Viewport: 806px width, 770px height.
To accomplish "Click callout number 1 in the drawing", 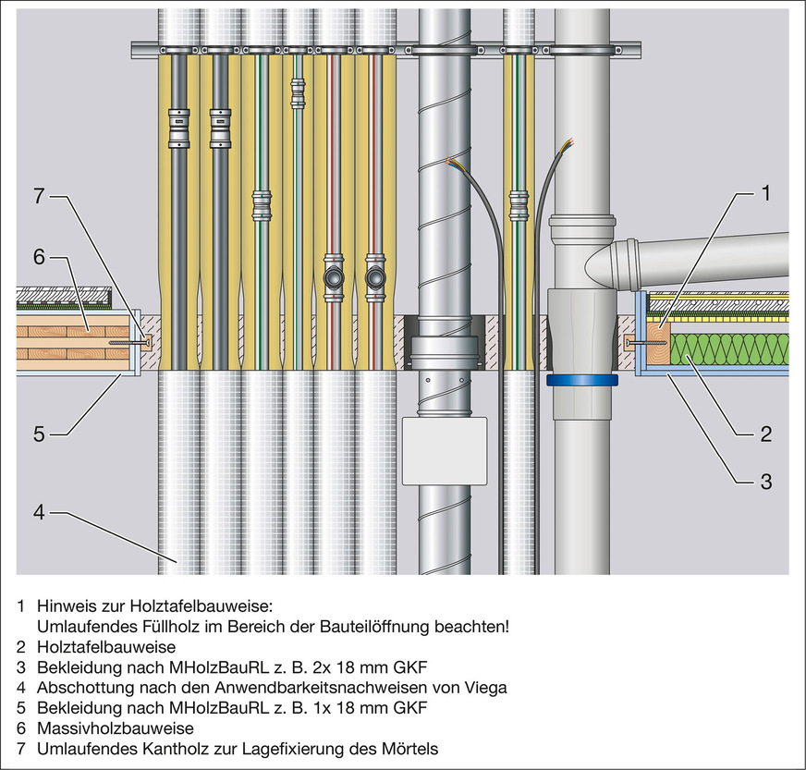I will pos(764,194).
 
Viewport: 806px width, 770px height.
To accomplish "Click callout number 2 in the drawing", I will pos(764,431).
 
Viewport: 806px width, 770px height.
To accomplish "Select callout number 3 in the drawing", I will pos(764,481).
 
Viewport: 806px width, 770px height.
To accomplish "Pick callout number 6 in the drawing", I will pos(39,258).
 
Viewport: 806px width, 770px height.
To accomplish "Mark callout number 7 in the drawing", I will pos(39,196).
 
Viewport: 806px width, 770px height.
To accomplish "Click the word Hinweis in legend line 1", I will pos(64,606).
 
